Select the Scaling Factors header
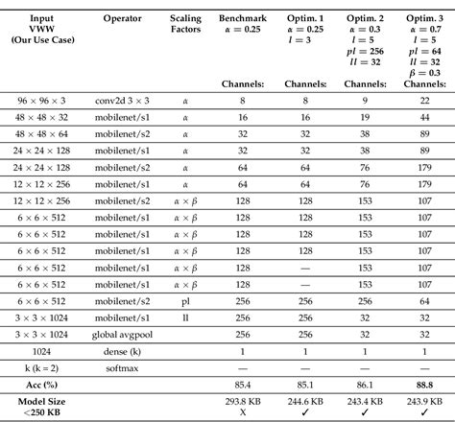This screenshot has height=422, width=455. tap(186, 24)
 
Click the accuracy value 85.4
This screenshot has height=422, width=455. tap(240, 384)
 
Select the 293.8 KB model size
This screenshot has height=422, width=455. tap(240, 401)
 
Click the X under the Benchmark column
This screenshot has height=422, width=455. tap(240, 412)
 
